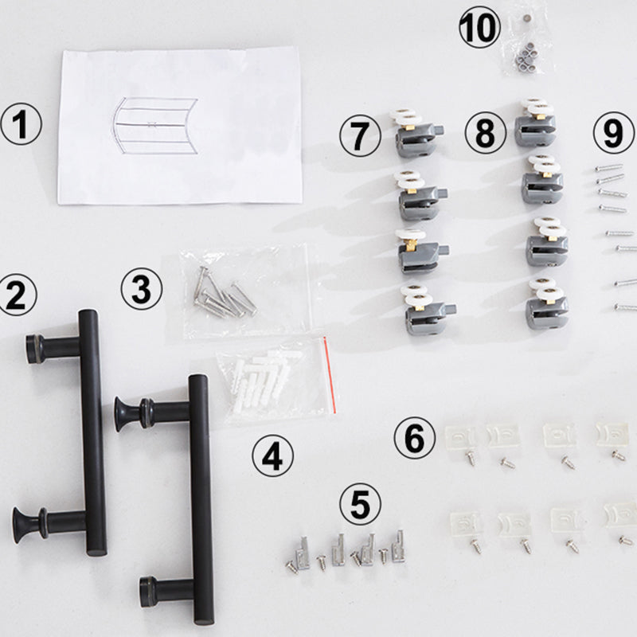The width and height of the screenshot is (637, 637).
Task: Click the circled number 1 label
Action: click(21, 127)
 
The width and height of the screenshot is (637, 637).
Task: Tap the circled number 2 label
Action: click(18, 295)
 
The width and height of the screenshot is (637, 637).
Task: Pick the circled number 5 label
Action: click(360, 504)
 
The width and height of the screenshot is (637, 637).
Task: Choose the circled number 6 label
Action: click(415, 439)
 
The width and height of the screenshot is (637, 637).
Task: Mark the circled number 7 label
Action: click(359, 135)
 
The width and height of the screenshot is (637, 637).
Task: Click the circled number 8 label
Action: click(485, 135)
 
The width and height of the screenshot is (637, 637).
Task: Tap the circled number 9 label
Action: click(613, 132)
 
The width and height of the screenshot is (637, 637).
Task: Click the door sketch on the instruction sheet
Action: click(154, 126)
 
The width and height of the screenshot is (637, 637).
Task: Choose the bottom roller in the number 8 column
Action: click(546, 303)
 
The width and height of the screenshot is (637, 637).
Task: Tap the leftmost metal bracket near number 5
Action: click(301, 551)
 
